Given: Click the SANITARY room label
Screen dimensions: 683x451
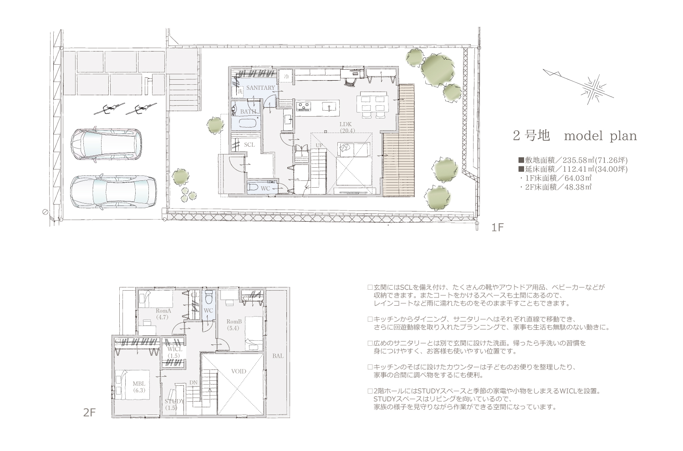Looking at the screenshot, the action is (260, 88).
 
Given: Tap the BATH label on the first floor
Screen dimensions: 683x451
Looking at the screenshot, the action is (248, 112).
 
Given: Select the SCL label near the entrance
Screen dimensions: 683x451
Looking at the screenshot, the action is (250, 144).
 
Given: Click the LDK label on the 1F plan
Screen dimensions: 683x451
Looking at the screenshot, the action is (346, 124).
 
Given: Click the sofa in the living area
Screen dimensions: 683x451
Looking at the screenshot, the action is (354, 149).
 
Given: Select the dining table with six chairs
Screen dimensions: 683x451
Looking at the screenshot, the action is (372, 104).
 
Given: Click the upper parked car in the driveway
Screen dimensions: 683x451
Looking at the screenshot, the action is (107, 144).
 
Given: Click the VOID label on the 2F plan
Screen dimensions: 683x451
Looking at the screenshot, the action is (239, 371).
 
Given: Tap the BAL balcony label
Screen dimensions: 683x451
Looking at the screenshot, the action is (278, 356).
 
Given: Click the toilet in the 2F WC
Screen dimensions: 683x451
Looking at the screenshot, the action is (209, 297).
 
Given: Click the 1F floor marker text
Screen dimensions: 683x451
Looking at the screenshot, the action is (497, 227).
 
